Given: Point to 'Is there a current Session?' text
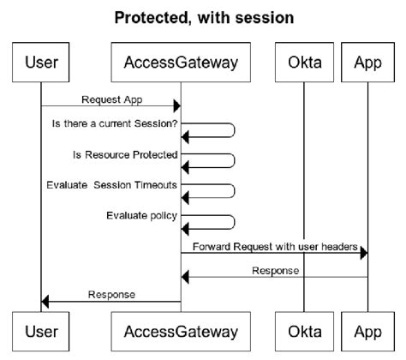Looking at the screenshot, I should [115, 124].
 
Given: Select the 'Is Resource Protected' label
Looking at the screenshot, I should [125, 154].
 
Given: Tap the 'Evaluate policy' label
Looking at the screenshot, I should [141, 214].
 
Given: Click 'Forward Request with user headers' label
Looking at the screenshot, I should [274, 247].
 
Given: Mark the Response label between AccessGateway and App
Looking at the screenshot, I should [274, 270].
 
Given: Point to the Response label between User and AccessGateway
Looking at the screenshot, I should [111, 294].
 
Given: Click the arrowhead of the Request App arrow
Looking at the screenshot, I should [176, 106].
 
